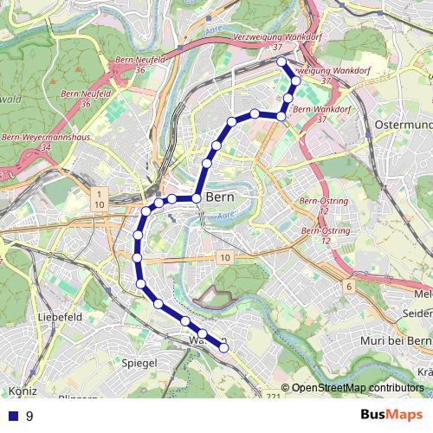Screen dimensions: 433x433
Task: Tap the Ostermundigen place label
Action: pos(404,126)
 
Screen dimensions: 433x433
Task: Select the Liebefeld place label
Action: pos(60,317)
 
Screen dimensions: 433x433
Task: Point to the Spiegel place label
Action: pos(139,363)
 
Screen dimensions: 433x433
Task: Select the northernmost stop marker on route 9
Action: pos(280,62)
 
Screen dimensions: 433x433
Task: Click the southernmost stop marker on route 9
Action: pos(223,348)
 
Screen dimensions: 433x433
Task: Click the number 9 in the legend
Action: pos(30,416)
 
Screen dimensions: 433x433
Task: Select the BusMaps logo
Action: pos(392,415)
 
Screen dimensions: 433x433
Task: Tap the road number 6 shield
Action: pos(348,286)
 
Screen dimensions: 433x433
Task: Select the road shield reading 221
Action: pos(274,397)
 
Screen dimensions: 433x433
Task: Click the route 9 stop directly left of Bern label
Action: pos(196,198)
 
